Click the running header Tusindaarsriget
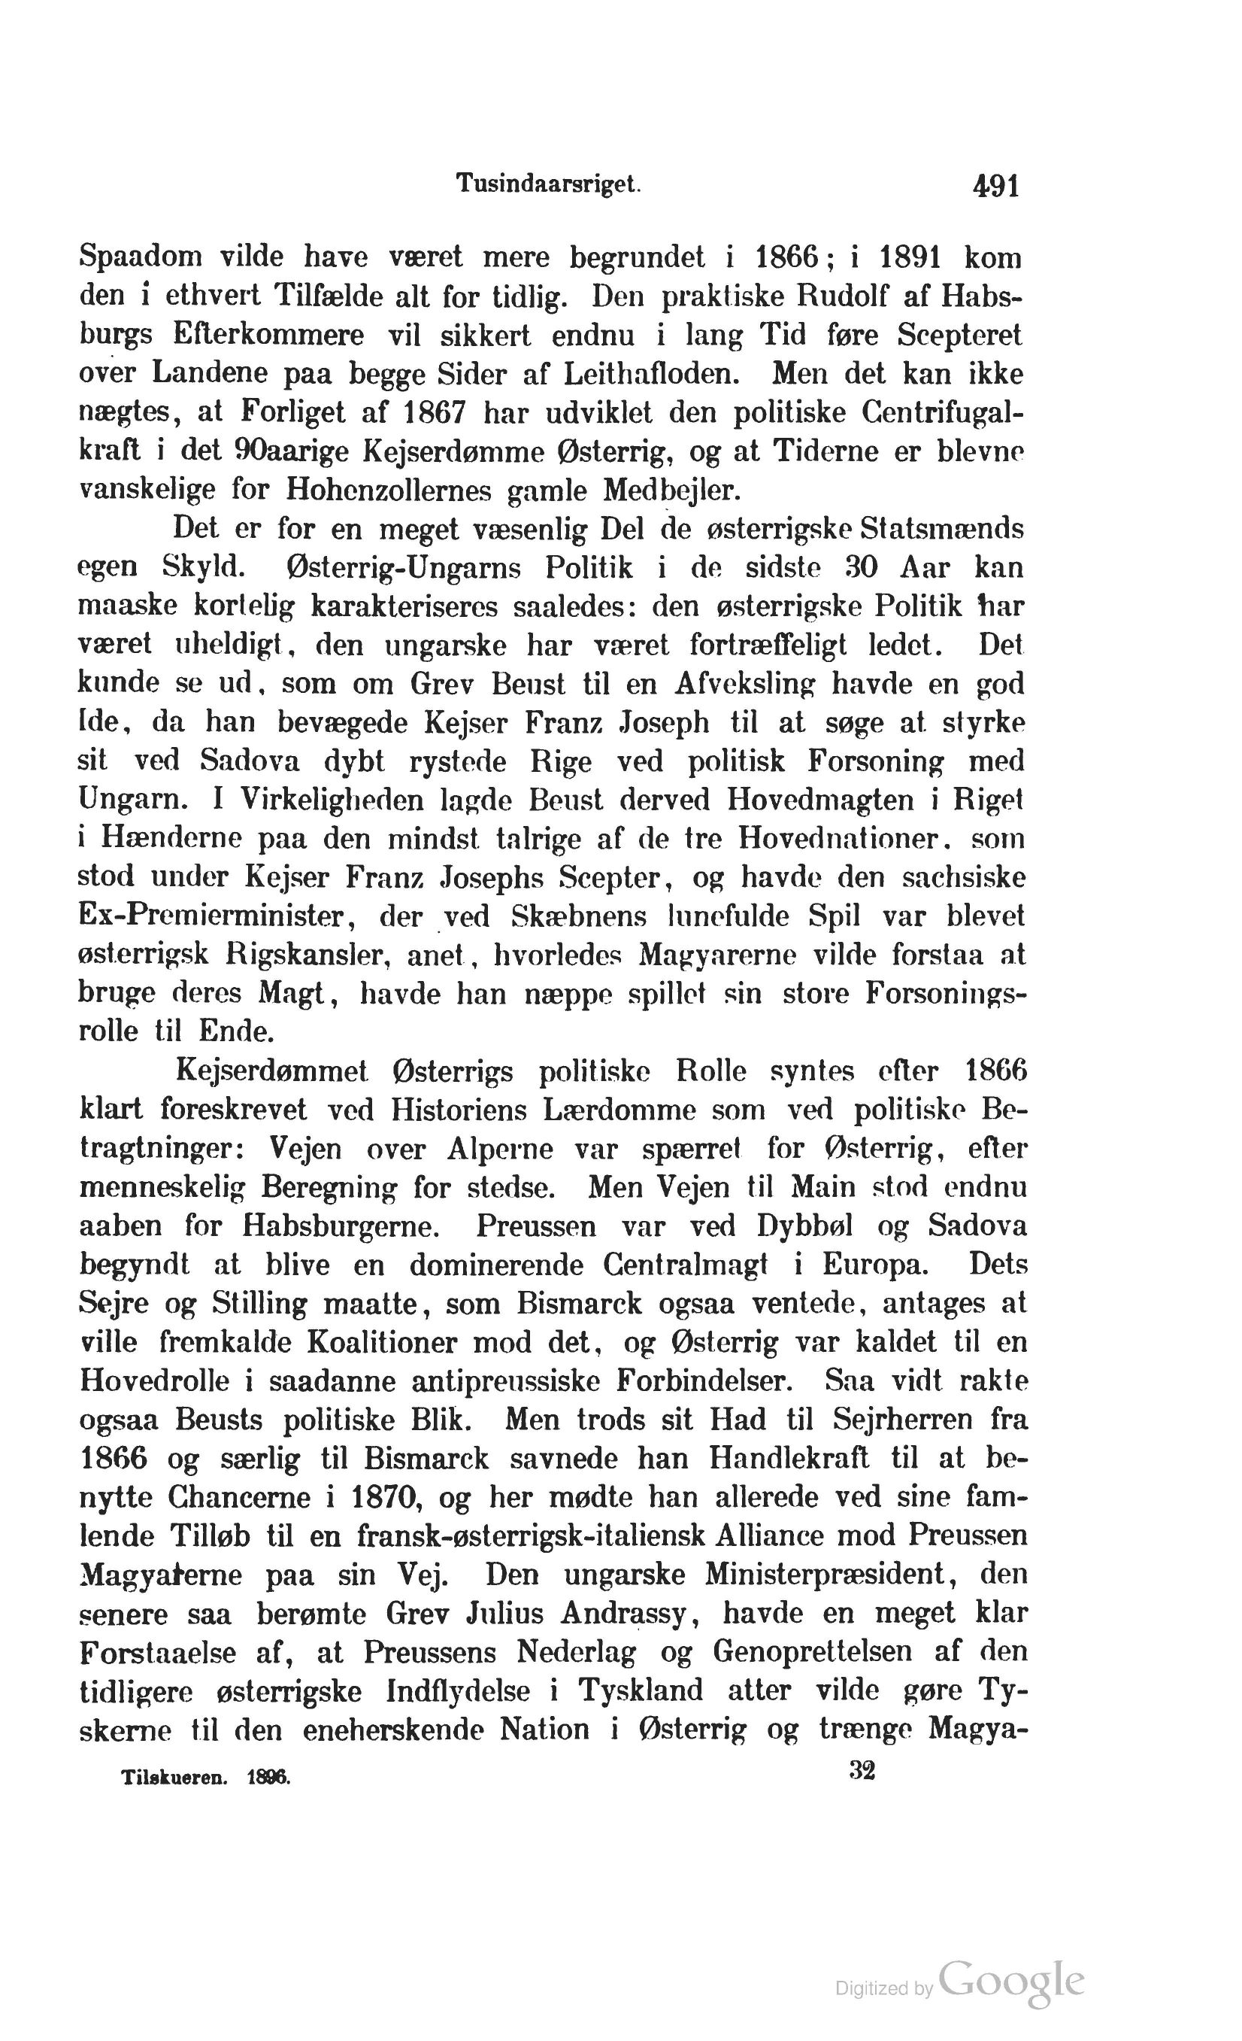coord(549,184)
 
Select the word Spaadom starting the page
coord(140,257)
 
